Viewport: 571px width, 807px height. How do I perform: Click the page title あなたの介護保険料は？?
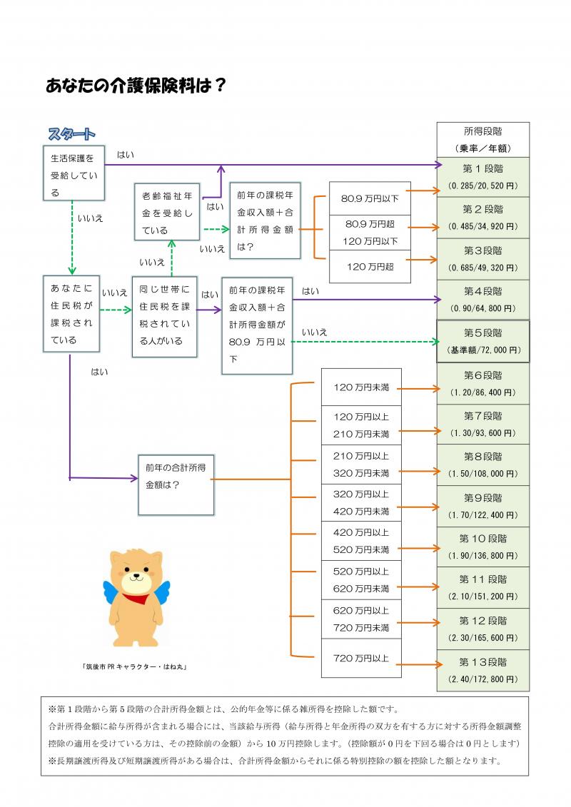click(136, 86)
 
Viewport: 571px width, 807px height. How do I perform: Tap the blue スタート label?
click(71, 134)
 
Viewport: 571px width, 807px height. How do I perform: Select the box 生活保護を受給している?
click(74, 174)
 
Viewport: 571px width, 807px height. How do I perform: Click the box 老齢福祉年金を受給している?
click(167, 212)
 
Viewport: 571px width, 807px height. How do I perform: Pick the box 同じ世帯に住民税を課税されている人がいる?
click(163, 315)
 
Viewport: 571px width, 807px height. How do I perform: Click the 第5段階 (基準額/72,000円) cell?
click(483, 341)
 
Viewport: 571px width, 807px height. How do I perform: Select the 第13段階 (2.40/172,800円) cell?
click(483, 670)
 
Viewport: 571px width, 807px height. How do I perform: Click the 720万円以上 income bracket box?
click(361, 658)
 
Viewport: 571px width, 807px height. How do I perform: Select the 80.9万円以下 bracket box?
click(370, 198)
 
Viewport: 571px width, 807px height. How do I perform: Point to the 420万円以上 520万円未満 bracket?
click(361, 541)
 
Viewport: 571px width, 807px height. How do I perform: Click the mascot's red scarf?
click(136, 598)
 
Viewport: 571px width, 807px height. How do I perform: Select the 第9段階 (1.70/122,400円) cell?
click(483, 506)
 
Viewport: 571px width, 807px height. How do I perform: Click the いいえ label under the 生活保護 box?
click(89, 218)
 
